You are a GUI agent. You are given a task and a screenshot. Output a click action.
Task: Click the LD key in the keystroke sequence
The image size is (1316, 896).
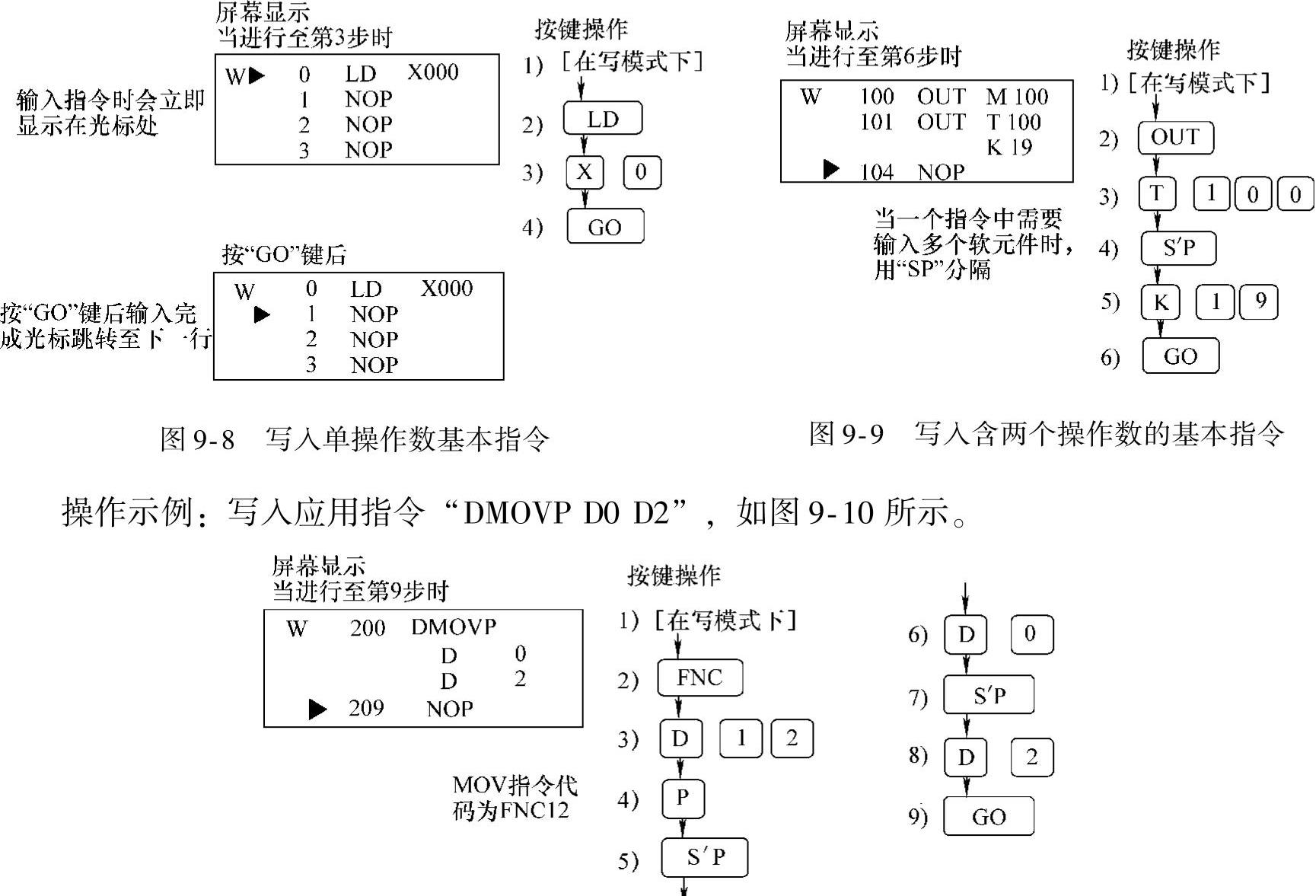point(603,119)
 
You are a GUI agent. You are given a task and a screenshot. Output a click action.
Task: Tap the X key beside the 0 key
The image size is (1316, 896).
point(585,173)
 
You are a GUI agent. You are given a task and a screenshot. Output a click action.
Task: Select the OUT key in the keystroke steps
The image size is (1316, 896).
point(1175,138)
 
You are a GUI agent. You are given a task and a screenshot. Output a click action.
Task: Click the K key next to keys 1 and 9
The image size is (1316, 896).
point(1160,302)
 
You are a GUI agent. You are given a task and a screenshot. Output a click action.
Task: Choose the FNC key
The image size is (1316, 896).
point(699,678)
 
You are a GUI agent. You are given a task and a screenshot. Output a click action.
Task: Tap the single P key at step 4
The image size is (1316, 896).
point(682,798)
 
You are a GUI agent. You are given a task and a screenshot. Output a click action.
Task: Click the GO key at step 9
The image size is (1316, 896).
point(988,817)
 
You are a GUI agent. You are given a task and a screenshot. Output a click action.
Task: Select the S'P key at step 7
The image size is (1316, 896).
point(988,695)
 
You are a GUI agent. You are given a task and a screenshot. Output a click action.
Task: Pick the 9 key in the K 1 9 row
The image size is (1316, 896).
point(1260,302)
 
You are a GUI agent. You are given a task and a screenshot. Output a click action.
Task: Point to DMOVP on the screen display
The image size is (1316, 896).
point(454,627)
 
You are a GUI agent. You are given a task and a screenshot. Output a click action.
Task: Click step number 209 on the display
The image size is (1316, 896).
point(366,709)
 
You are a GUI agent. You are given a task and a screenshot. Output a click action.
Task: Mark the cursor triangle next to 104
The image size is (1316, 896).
point(831,170)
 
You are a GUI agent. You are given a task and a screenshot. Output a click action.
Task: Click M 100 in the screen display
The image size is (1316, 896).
point(1017,97)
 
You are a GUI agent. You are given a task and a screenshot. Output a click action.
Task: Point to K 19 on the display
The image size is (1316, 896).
point(1009,147)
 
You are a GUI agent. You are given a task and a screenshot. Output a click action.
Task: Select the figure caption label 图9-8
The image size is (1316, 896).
point(197,439)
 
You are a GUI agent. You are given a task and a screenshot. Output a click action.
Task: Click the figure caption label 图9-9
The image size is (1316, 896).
point(846,434)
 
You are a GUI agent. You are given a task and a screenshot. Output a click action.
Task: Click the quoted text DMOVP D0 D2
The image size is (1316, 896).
point(566,513)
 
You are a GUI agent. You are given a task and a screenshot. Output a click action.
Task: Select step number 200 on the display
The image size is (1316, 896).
point(368,629)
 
